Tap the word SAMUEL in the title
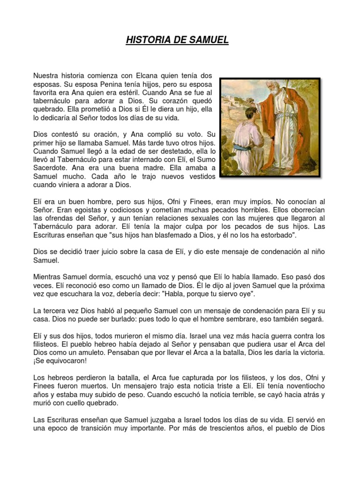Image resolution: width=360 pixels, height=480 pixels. pos(209,40)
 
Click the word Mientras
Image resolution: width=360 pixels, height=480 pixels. pos(48,277)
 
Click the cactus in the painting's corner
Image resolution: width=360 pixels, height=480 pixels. pos(230,162)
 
